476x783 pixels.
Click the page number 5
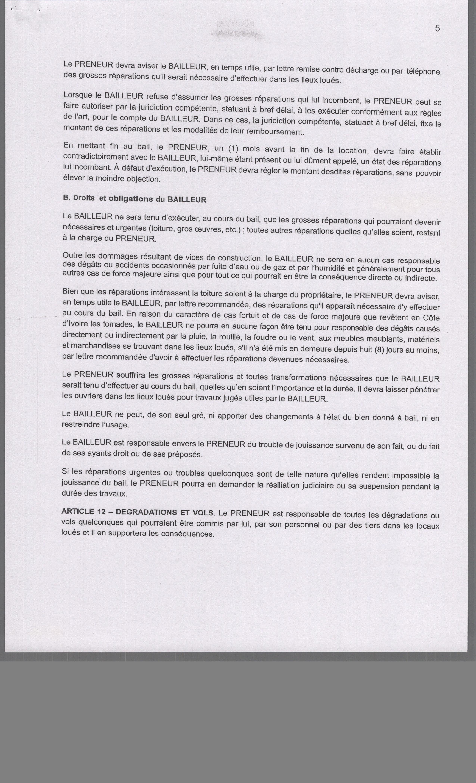tap(438, 28)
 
